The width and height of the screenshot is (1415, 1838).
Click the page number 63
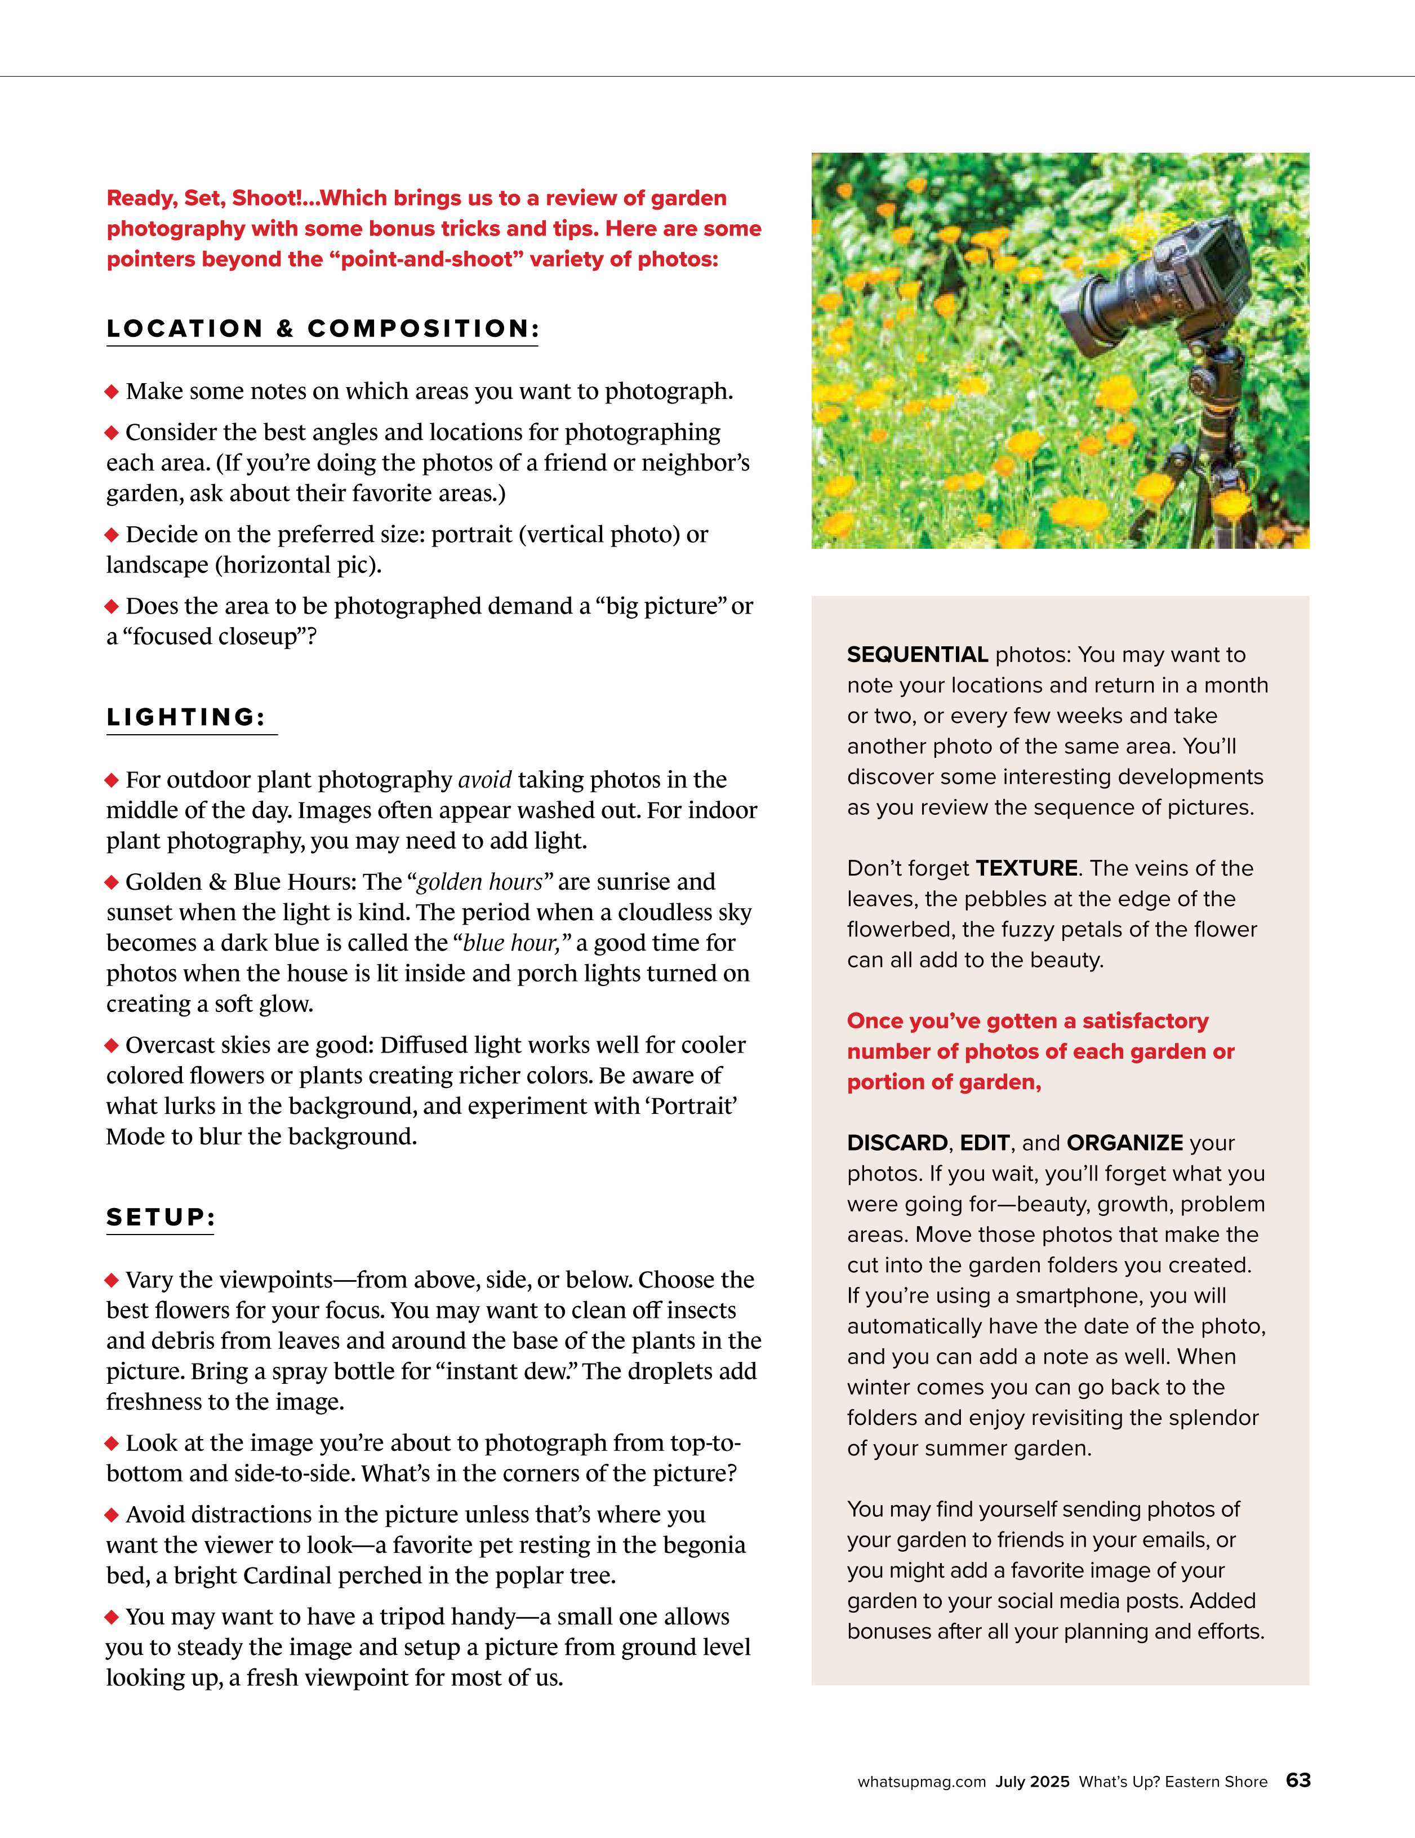(x=1298, y=1780)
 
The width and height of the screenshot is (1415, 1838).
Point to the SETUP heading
(x=161, y=1217)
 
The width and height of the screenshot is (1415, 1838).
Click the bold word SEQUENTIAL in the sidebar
(x=917, y=655)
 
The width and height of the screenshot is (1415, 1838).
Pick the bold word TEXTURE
(x=1026, y=868)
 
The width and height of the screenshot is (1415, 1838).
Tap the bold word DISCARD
(x=897, y=1143)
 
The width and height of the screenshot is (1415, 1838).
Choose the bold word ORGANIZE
(x=1125, y=1143)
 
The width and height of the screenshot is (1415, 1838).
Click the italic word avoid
(x=484, y=780)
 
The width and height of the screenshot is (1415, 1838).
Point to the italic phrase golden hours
(x=479, y=882)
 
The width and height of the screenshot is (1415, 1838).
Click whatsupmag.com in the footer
(x=921, y=1782)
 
